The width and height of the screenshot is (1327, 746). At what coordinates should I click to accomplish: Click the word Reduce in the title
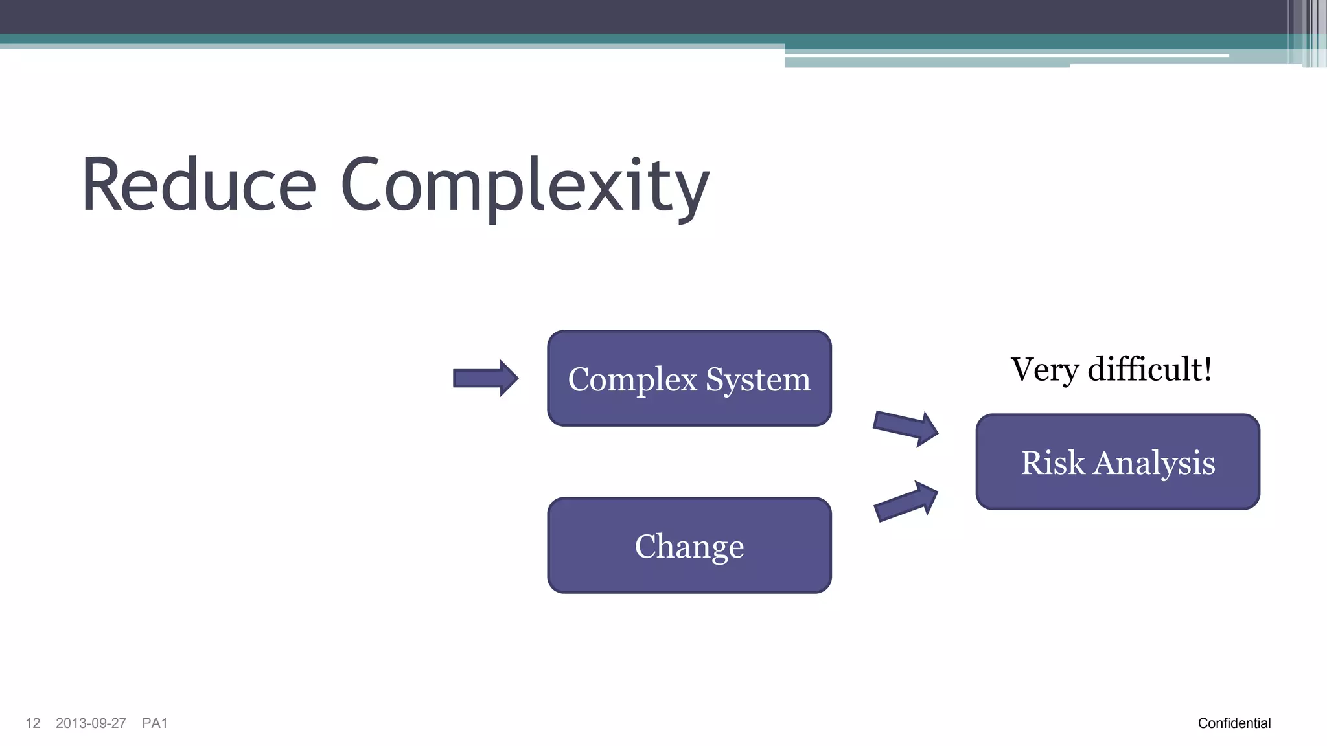pyautogui.click(x=198, y=186)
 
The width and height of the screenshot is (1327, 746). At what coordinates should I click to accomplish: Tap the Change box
pyautogui.click(x=689, y=546)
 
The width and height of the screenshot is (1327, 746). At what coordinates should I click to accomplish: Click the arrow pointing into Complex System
pyautogui.click(x=485, y=378)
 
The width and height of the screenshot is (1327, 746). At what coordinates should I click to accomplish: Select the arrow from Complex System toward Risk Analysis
pyautogui.click(x=905, y=428)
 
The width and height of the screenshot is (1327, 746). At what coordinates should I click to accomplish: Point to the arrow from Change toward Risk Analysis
pyautogui.click(x=905, y=501)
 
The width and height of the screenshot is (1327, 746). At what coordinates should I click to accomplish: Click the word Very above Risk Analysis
pyautogui.click(x=1044, y=370)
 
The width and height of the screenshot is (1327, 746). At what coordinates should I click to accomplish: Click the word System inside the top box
pyautogui.click(x=757, y=379)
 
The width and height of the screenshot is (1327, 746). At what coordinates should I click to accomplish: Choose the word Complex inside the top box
pyautogui.click(x=632, y=379)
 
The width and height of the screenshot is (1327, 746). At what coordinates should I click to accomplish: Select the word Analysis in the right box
pyautogui.click(x=1155, y=464)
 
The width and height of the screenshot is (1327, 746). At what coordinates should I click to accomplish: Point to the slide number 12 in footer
pyautogui.click(x=33, y=723)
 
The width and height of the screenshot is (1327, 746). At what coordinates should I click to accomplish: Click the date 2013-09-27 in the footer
pyautogui.click(x=91, y=723)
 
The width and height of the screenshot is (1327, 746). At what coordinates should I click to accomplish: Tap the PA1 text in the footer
pyautogui.click(x=155, y=723)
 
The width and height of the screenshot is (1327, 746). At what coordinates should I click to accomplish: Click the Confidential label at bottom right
pyautogui.click(x=1234, y=723)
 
